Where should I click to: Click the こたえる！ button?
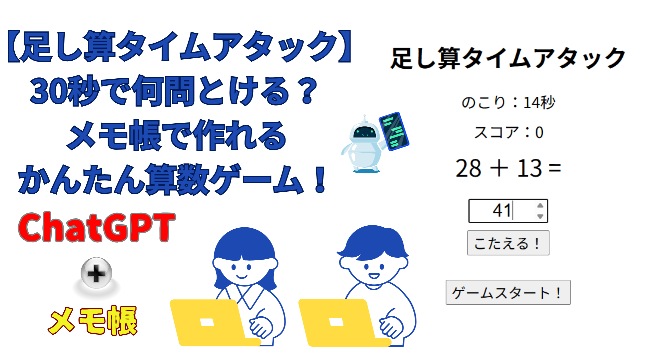(x=508, y=243)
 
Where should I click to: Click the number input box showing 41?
(x=508, y=211)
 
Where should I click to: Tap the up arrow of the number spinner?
(x=540, y=205)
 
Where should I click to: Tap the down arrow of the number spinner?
(x=540, y=216)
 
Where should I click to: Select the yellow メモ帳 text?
(x=93, y=320)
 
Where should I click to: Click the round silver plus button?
(x=96, y=273)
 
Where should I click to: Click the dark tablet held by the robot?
(x=394, y=131)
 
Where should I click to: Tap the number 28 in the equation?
(x=468, y=168)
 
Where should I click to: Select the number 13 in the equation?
(x=529, y=168)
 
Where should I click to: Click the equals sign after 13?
(x=555, y=169)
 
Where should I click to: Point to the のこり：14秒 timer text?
(x=508, y=102)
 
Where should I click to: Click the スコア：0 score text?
(x=508, y=132)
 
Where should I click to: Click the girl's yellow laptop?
(x=213, y=323)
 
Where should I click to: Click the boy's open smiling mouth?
(x=374, y=276)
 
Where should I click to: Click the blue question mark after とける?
(x=308, y=91)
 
